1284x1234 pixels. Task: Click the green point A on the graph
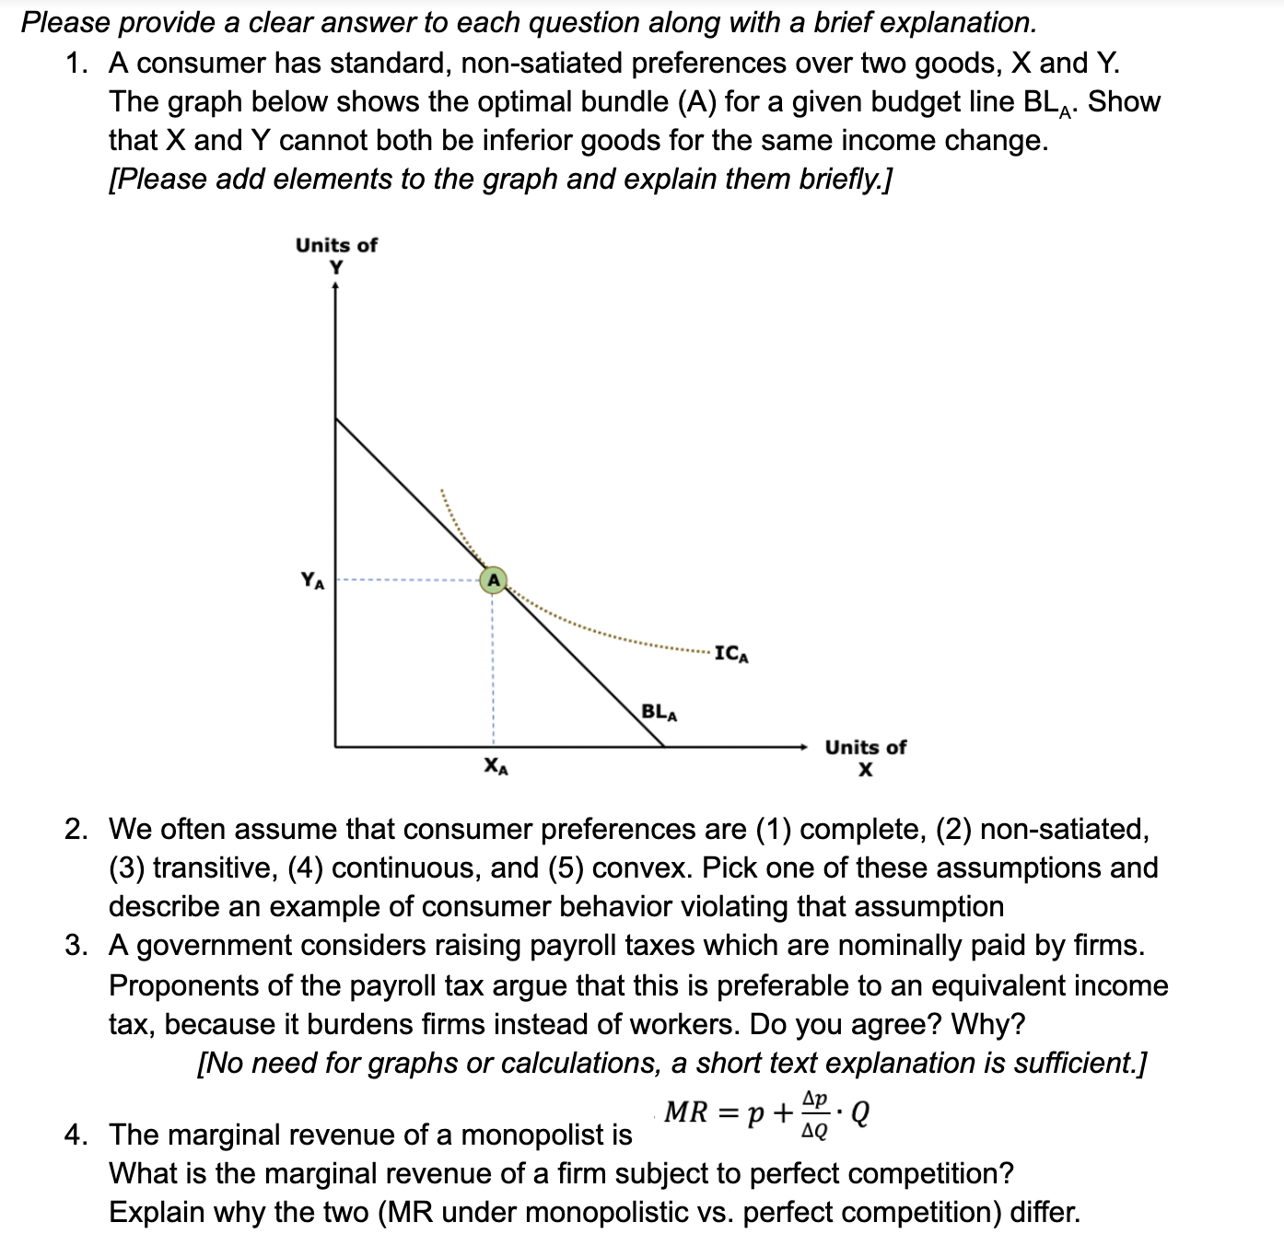coord(493,580)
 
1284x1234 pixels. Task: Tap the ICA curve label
coord(731,655)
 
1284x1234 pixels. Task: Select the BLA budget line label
coord(659,712)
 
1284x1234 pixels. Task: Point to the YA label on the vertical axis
coord(312,580)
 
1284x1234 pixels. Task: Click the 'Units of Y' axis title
coord(336,255)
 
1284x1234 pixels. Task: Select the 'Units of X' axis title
coord(865,758)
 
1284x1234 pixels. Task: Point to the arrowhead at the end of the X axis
coord(804,746)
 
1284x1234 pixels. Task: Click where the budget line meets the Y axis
coord(335,418)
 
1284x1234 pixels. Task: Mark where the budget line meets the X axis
coord(665,746)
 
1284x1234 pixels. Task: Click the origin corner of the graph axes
coord(335,746)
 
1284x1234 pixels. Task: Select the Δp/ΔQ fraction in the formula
coord(816,1114)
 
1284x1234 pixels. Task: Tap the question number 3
coord(76,946)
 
